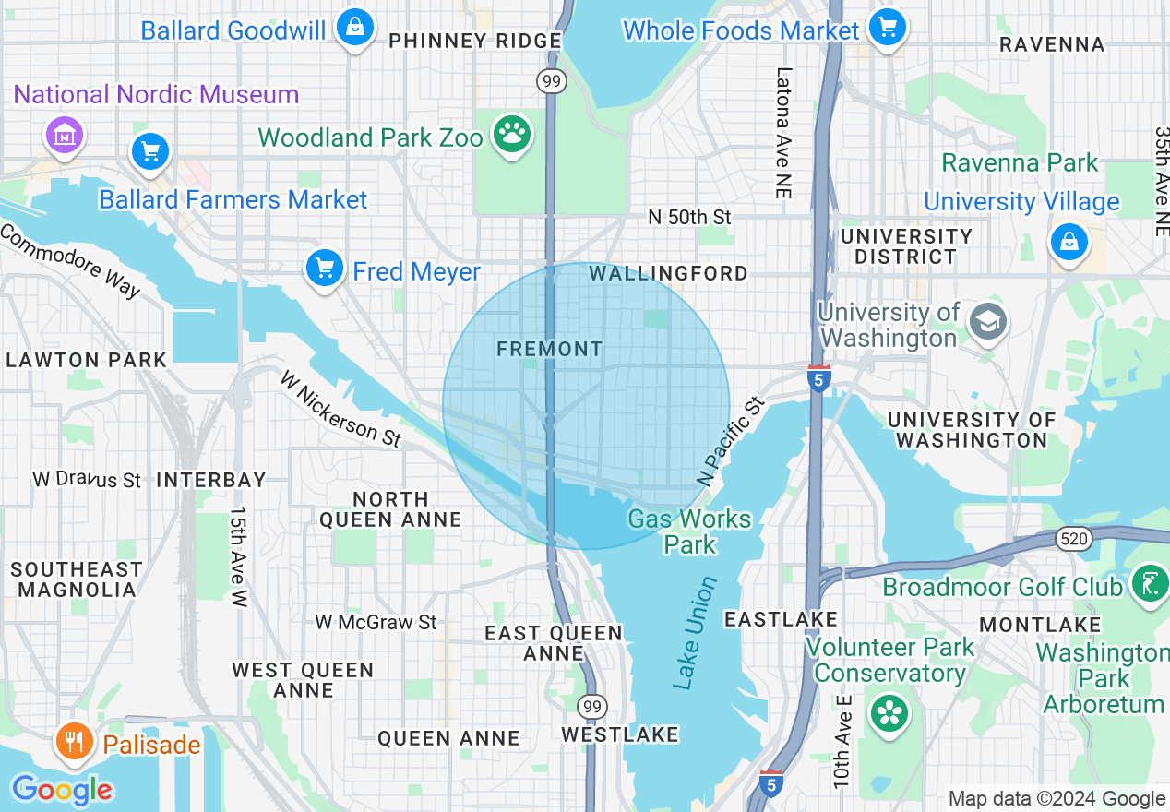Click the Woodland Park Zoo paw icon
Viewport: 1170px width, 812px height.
511,135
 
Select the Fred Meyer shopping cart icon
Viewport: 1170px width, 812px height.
324,269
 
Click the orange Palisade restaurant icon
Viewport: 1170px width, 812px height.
74,741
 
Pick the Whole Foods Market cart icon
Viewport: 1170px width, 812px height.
887,28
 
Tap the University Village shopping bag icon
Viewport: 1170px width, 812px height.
1069,243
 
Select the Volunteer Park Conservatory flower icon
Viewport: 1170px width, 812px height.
889,714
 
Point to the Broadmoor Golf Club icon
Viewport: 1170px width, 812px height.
1150,586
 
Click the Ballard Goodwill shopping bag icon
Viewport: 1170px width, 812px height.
354,28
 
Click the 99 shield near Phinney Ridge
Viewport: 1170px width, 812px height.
551,82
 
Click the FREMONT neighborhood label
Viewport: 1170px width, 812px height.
549,349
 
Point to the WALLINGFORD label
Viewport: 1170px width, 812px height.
668,274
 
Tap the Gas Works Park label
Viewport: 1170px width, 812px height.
689,531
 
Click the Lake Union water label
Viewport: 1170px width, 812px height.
695,634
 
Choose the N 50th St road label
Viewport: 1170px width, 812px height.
689,217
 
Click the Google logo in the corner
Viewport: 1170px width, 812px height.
62,790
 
